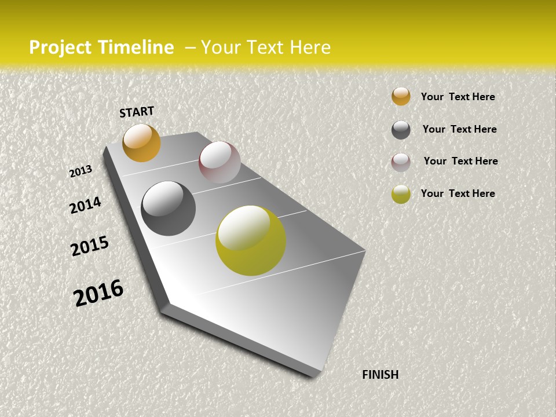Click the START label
pos(137,112)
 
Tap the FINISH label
pos(381,375)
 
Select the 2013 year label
pos(81,171)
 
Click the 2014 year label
pos(85,205)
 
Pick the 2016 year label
pos(98,292)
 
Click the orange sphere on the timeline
pos(141,142)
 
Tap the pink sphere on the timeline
pos(220,162)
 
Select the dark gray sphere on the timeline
pos(168,209)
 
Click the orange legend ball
pos(401,96)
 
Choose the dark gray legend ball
pos(401,130)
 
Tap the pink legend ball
pos(401,162)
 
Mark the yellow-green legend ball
pos(401,194)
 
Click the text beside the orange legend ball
pos(458,97)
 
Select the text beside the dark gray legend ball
pos(459,129)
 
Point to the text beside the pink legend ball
pos(460,161)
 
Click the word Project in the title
pos(61,47)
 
